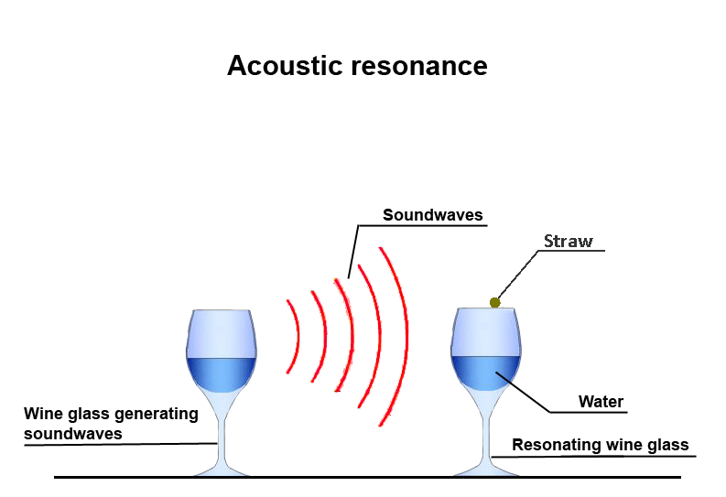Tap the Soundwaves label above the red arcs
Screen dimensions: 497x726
click(x=432, y=216)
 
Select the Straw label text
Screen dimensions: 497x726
click(x=568, y=242)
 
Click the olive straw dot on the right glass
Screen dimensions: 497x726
click(x=495, y=302)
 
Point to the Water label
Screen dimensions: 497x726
click(x=601, y=402)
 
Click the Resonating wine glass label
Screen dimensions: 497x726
click(x=600, y=446)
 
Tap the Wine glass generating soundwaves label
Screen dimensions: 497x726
click(x=111, y=424)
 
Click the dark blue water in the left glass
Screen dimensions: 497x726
click(x=221, y=373)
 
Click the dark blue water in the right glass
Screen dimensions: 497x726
click(x=486, y=373)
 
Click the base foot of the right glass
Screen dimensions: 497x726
click(x=486, y=470)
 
